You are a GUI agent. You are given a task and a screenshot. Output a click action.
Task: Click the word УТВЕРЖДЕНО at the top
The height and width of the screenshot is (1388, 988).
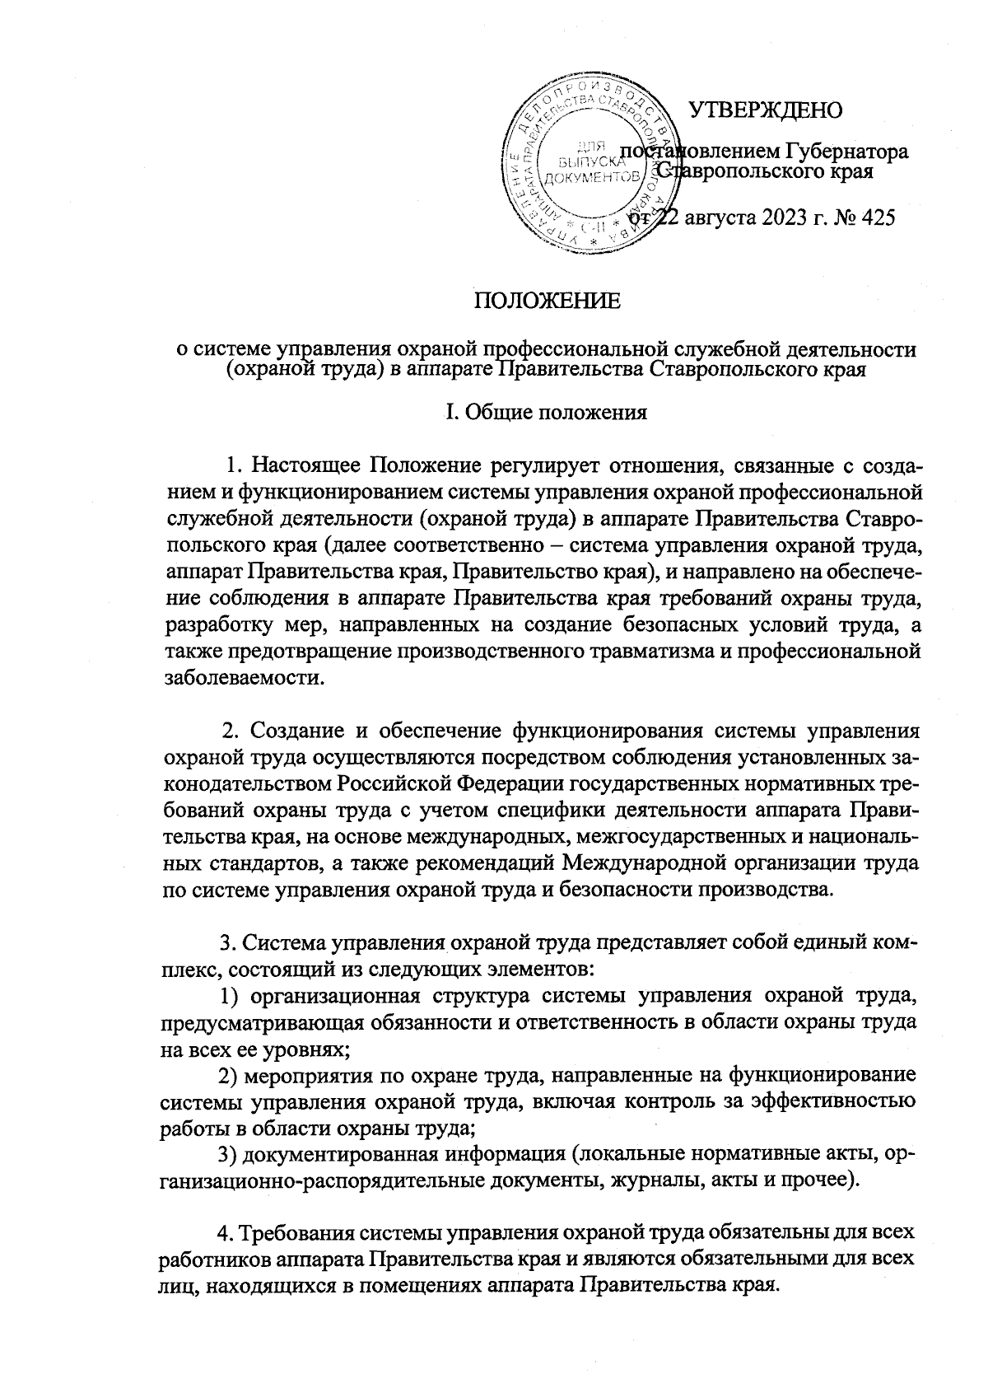[765, 109]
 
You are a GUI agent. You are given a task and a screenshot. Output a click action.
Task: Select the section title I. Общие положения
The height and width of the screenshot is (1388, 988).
[545, 412]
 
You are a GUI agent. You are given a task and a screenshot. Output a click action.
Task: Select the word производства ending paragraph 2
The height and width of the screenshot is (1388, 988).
[769, 890]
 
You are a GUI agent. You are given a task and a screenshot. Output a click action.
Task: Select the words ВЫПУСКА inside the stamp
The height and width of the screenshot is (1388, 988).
[585, 164]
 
